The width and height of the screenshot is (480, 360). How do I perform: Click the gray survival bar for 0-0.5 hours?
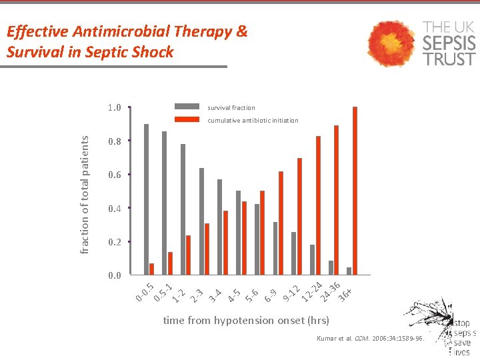147,199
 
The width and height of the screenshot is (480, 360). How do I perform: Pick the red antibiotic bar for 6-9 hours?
281,223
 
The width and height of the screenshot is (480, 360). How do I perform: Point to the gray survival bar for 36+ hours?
349,271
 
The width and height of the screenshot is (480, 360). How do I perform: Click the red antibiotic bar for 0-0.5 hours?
151,269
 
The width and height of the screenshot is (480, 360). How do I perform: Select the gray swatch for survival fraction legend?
187,107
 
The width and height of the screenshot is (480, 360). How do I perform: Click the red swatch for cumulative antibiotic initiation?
187,120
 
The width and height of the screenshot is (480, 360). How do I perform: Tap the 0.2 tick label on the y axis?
114,242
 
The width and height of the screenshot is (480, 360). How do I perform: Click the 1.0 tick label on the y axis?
114,107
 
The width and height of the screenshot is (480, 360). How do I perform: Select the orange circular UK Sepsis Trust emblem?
391,43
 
